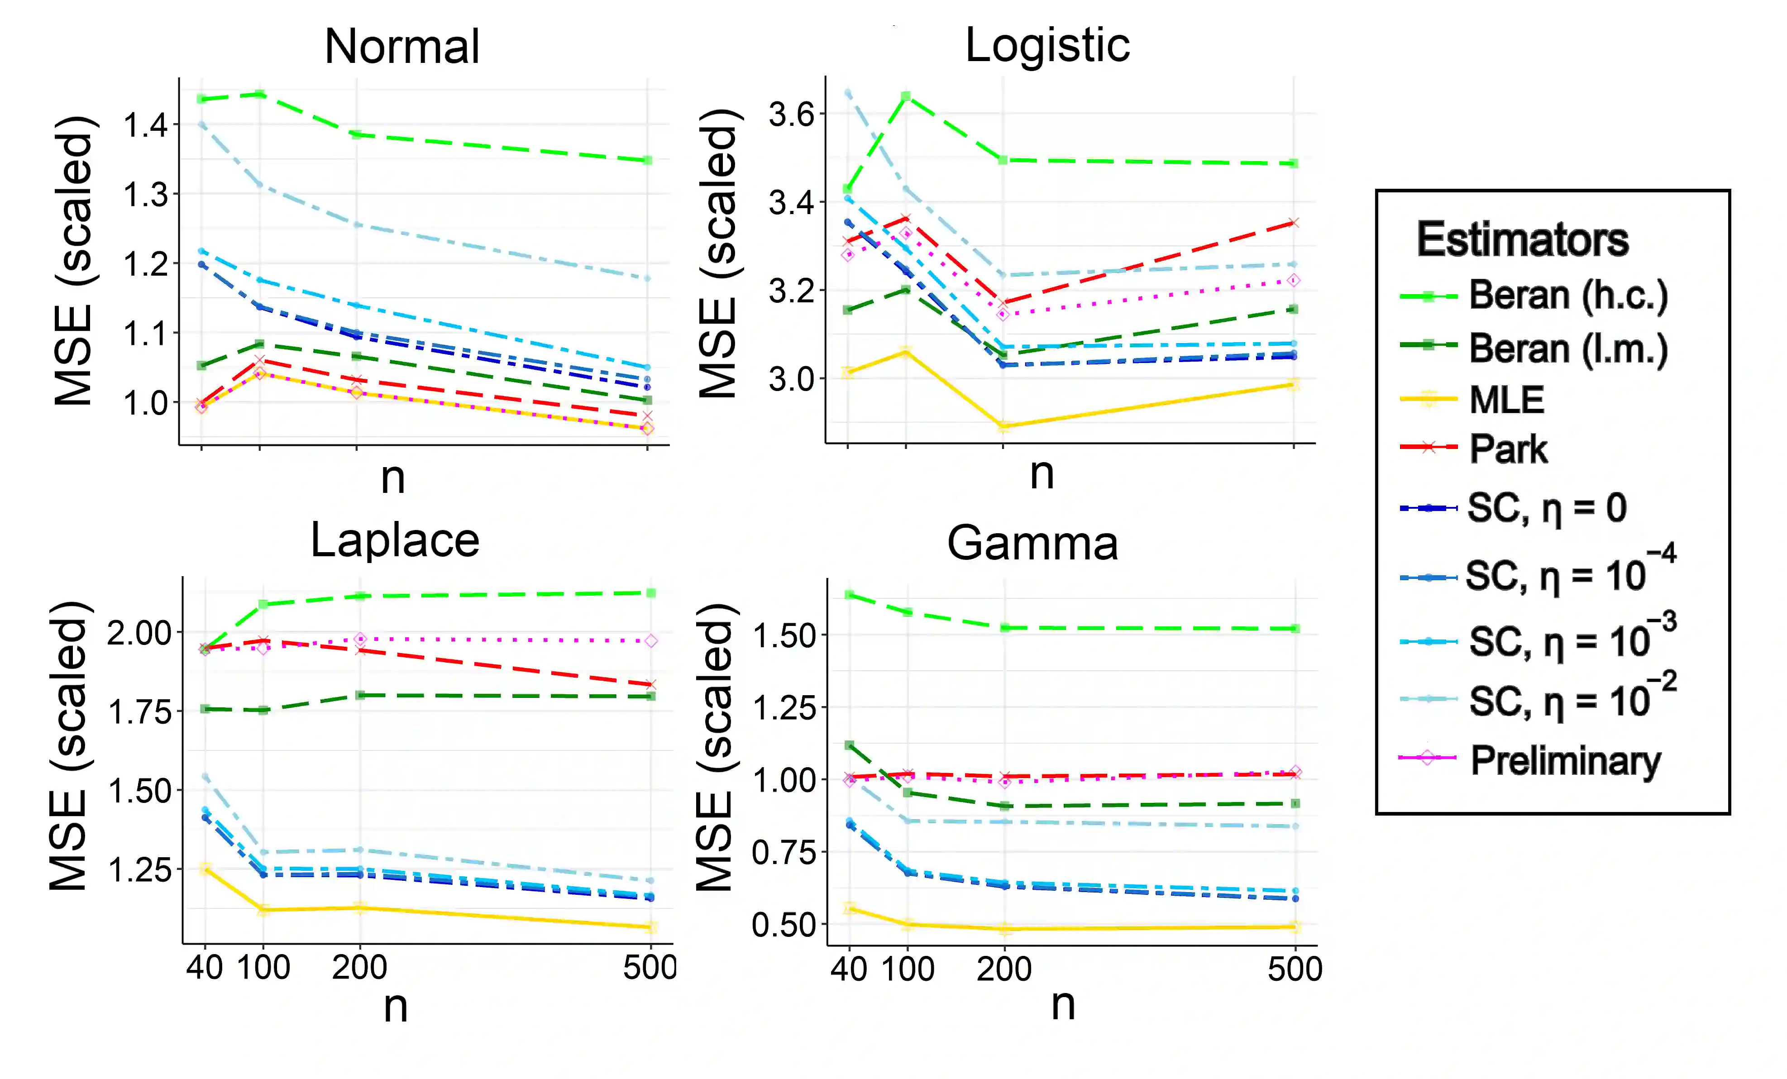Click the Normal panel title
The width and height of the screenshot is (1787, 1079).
tap(402, 47)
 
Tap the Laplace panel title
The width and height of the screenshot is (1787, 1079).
tap(395, 541)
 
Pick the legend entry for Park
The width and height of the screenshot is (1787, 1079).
tap(1508, 449)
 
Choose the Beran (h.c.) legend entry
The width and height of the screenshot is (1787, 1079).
tap(1568, 295)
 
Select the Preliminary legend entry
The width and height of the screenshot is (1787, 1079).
tap(1565, 761)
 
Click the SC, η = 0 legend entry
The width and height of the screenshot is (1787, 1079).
tap(1546, 508)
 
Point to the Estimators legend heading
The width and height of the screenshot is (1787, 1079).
tap(1522, 240)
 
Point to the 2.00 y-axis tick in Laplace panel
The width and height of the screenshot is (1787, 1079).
tap(139, 634)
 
